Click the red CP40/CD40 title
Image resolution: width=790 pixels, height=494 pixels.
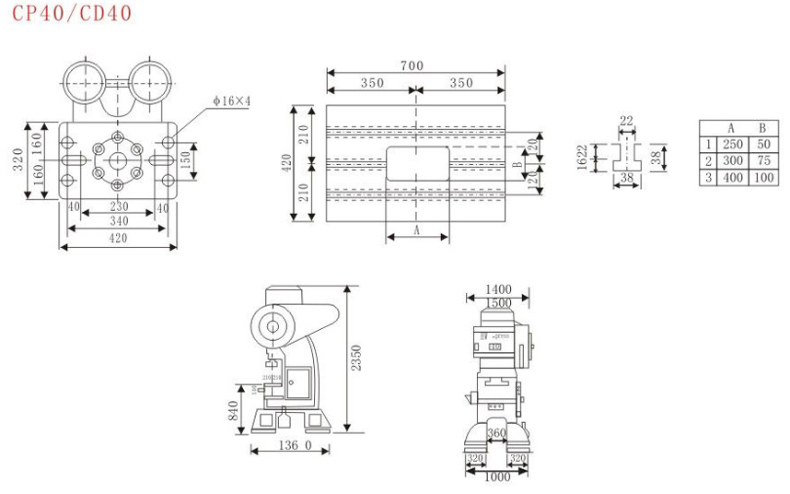tap(72, 13)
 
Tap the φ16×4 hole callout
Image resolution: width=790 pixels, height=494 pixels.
tap(232, 100)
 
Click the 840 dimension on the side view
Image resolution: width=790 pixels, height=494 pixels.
tap(234, 409)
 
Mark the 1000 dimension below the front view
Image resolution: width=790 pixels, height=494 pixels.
tap(497, 476)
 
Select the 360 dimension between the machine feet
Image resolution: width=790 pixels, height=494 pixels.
tap(497, 433)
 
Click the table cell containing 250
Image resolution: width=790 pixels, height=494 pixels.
tap(732, 145)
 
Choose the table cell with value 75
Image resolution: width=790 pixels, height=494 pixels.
tap(762, 160)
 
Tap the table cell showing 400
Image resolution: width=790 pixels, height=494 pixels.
tap(732, 177)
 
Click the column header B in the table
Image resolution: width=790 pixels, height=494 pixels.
tap(762, 128)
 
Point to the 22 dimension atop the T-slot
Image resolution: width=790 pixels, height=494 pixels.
tap(627, 122)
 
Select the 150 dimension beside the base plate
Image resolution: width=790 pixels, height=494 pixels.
tap(188, 159)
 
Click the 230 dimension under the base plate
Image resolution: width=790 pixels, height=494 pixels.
tap(118, 207)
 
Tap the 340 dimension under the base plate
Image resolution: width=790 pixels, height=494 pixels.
tap(118, 221)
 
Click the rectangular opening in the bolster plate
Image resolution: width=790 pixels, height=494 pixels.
tap(417, 162)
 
